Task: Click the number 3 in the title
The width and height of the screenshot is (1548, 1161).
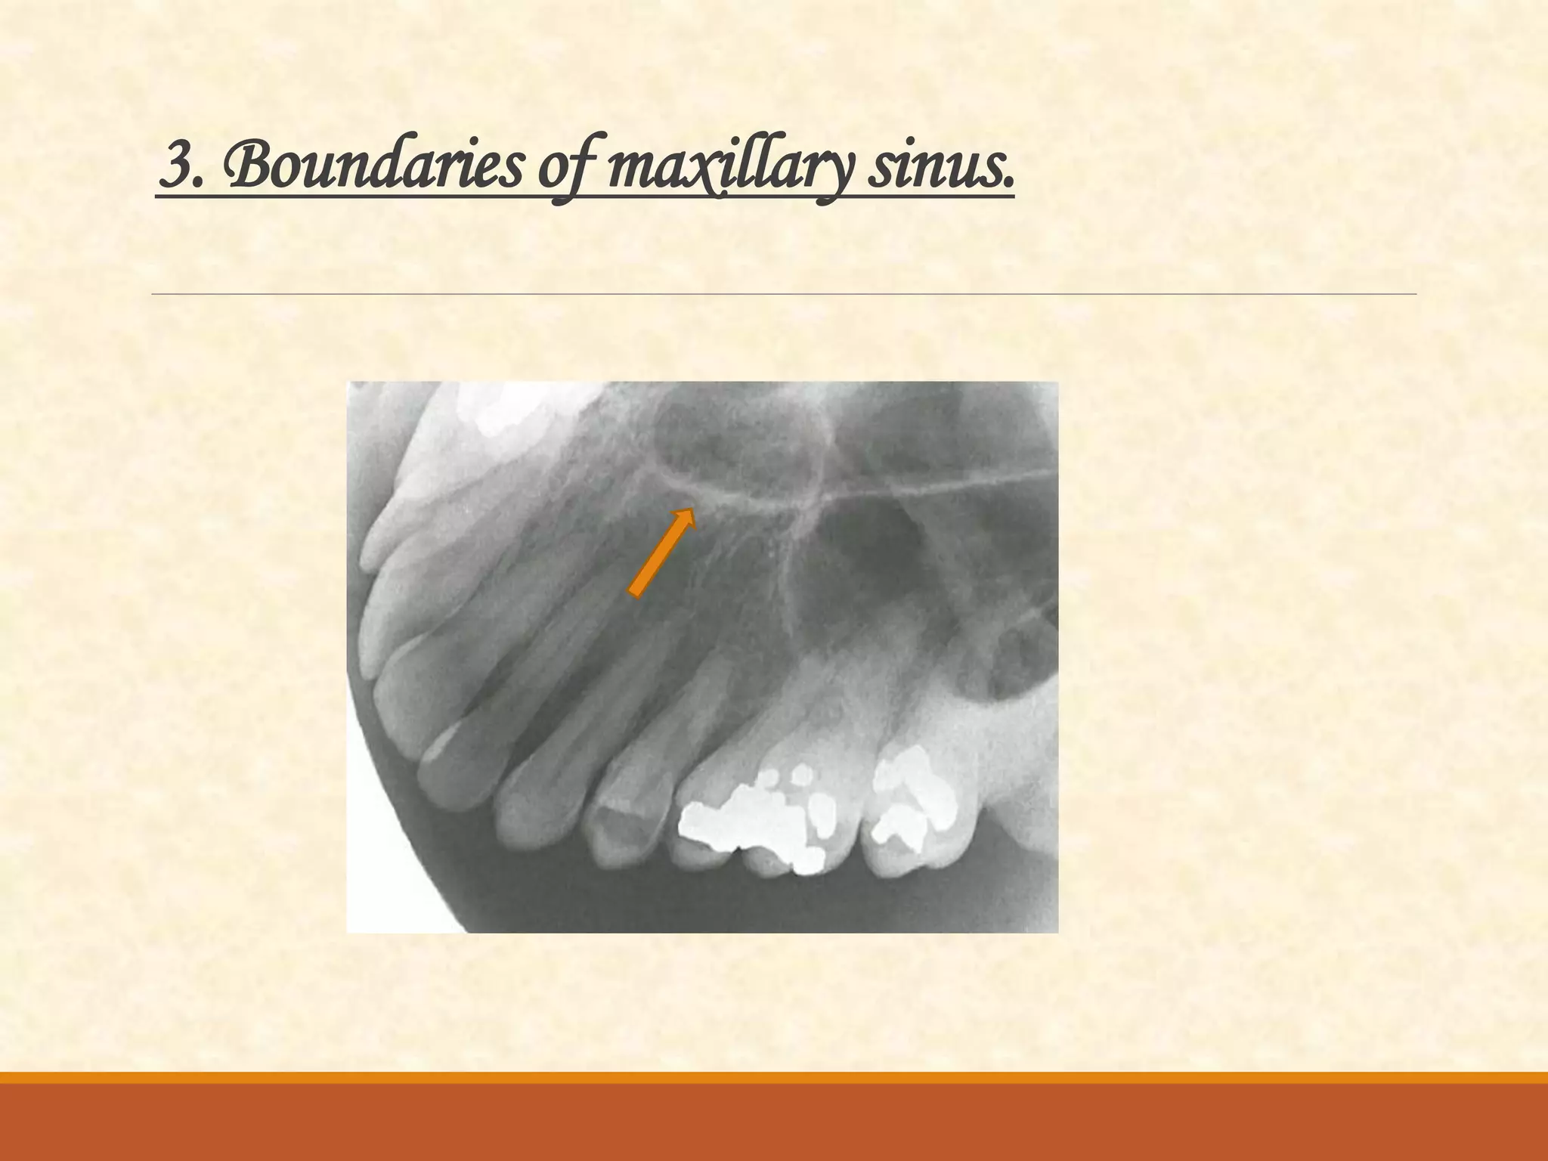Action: [x=175, y=167]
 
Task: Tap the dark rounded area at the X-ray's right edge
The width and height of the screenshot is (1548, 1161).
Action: [x=1020, y=658]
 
